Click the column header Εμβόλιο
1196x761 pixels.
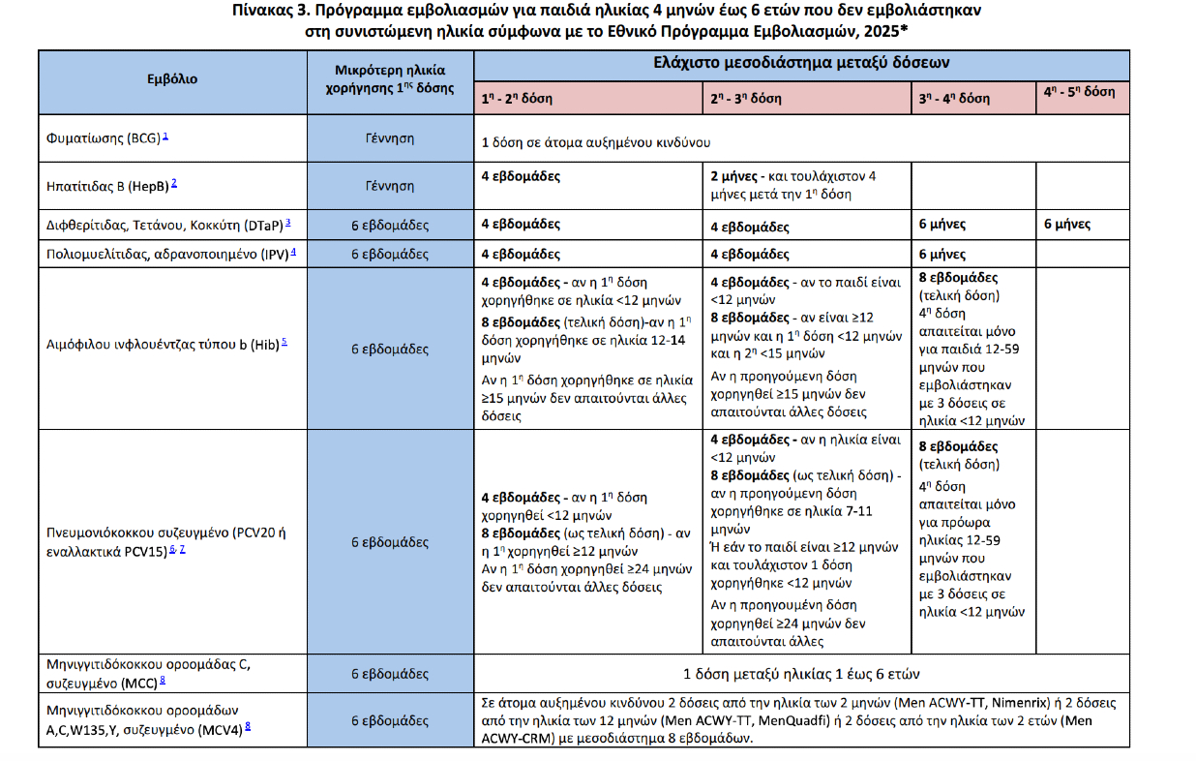(171, 79)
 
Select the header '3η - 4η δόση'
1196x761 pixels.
(954, 98)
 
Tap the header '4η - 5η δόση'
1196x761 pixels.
(1079, 93)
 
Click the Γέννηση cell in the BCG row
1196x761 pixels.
(390, 139)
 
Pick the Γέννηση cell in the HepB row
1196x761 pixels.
(390, 185)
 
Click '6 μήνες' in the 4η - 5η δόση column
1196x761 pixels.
(1067, 224)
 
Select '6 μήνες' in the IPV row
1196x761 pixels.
(942, 255)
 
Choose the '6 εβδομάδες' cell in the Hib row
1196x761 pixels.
(390, 348)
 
